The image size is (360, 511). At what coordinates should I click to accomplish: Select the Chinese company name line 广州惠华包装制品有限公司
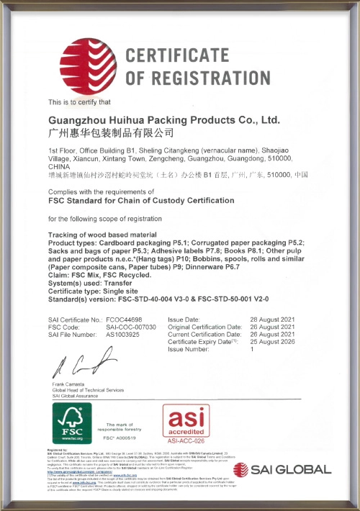pos(111,133)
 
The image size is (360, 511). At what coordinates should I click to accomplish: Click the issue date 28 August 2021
pos(274,319)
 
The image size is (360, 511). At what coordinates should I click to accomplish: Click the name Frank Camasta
pos(70,386)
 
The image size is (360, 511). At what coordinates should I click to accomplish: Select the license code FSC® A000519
pos(120,438)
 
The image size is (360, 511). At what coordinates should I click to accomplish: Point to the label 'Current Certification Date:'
pos(204,335)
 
